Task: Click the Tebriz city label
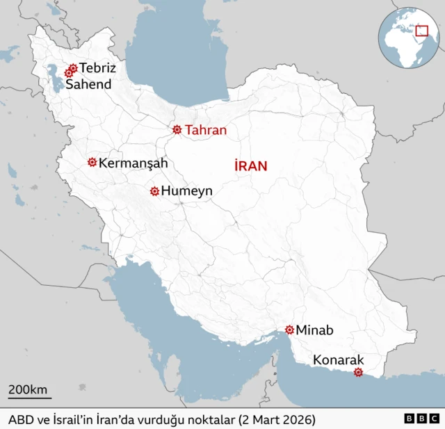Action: [x=97, y=68]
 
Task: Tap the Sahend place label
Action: [x=88, y=84]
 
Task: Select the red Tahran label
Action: [x=206, y=130]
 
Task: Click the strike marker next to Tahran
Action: [x=177, y=129]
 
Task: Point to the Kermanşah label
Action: [x=133, y=163]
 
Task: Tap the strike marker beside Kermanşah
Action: [x=92, y=162]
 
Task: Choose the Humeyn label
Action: [x=187, y=191]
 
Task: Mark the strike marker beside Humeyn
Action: [x=154, y=191]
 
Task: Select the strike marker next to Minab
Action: [x=289, y=330]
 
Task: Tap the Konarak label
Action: [x=338, y=360]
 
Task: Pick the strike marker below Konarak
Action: [x=358, y=373]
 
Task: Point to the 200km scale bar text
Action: [x=29, y=389]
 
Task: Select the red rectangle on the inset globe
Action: [x=421, y=30]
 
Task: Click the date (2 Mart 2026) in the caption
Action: [x=277, y=420]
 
